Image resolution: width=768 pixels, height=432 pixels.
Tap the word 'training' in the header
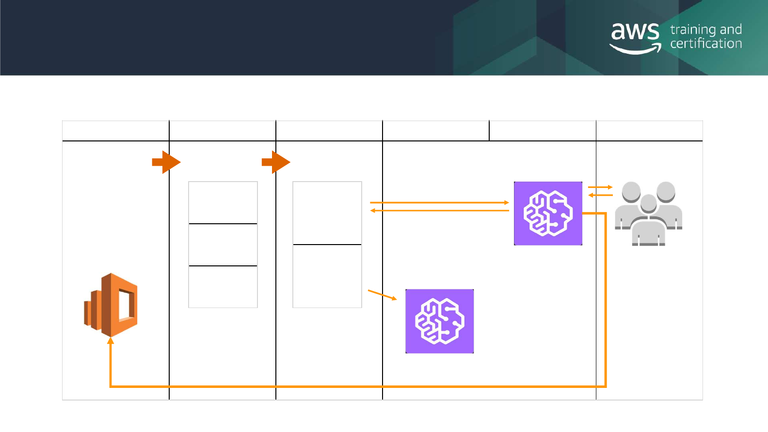pyautogui.click(x=693, y=30)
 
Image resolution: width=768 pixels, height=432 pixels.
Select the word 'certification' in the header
pyautogui.click(x=706, y=44)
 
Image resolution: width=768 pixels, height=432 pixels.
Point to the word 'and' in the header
pyautogui.click(x=731, y=30)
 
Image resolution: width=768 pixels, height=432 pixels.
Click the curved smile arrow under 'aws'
pyautogui.click(x=635, y=49)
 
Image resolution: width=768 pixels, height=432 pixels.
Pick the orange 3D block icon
pyautogui.click(x=111, y=305)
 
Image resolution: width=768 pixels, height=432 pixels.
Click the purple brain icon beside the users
pyautogui.click(x=548, y=213)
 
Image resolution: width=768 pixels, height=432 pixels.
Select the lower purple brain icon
pyautogui.click(x=439, y=321)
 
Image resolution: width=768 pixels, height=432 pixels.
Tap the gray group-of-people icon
pyautogui.click(x=648, y=213)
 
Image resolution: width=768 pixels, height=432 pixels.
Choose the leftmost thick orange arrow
pyautogui.click(x=166, y=162)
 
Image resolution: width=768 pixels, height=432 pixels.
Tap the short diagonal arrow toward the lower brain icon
pyautogui.click(x=383, y=295)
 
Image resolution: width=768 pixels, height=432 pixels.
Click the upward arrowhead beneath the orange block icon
pyautogui.click(x=111, y=341)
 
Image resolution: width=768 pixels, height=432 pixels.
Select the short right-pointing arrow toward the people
pyautogui.click(x=600, y=187)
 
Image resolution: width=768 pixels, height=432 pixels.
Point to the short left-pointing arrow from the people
pyautogui.click(x=600, y=195)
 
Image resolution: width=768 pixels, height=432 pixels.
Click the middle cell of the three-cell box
pyautogui.click(x=223, y=245)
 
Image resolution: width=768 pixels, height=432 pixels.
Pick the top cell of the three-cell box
pyautogui.click(x=223, y=202)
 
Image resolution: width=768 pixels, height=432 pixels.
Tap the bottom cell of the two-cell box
pyautogui.click(x=327, y=276)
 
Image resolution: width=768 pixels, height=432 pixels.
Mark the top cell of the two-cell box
pyautogui.click(x=327, y=213)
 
